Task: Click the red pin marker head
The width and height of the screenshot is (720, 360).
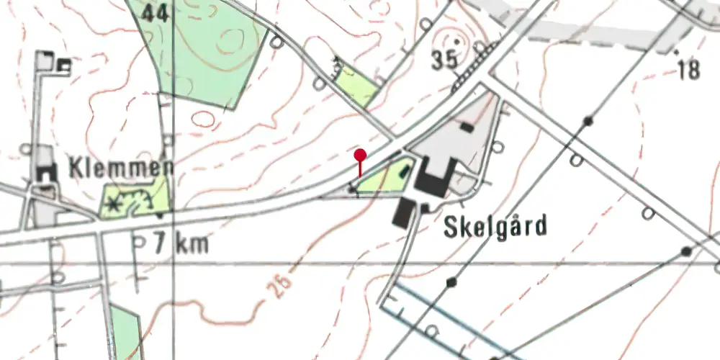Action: [360, 153]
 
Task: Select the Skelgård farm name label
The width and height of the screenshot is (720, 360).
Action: [495, 227]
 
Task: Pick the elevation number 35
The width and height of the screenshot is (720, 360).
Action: [445, 61]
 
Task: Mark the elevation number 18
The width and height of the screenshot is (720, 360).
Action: [688, 70]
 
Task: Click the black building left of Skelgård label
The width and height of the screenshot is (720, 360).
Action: [403, 213]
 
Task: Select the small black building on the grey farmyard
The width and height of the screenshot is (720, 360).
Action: [467, 127]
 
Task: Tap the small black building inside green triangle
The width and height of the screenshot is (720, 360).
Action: [404, 173]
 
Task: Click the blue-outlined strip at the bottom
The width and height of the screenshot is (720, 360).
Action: [446, 317]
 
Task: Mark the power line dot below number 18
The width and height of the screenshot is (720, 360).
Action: [589, 120]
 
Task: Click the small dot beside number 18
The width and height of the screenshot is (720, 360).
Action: [675, 53]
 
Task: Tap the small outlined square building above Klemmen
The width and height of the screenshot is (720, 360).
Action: [63, 67]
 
